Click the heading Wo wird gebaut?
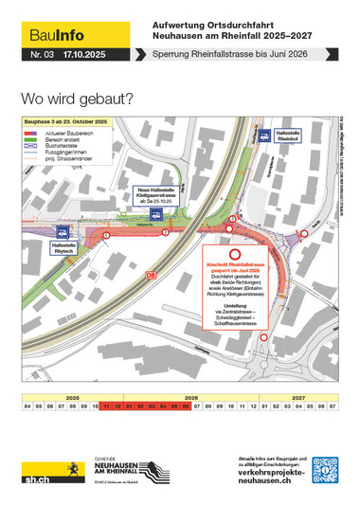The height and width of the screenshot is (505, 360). coord(76,99)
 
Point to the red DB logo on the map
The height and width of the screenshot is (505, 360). coord(151,274)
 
